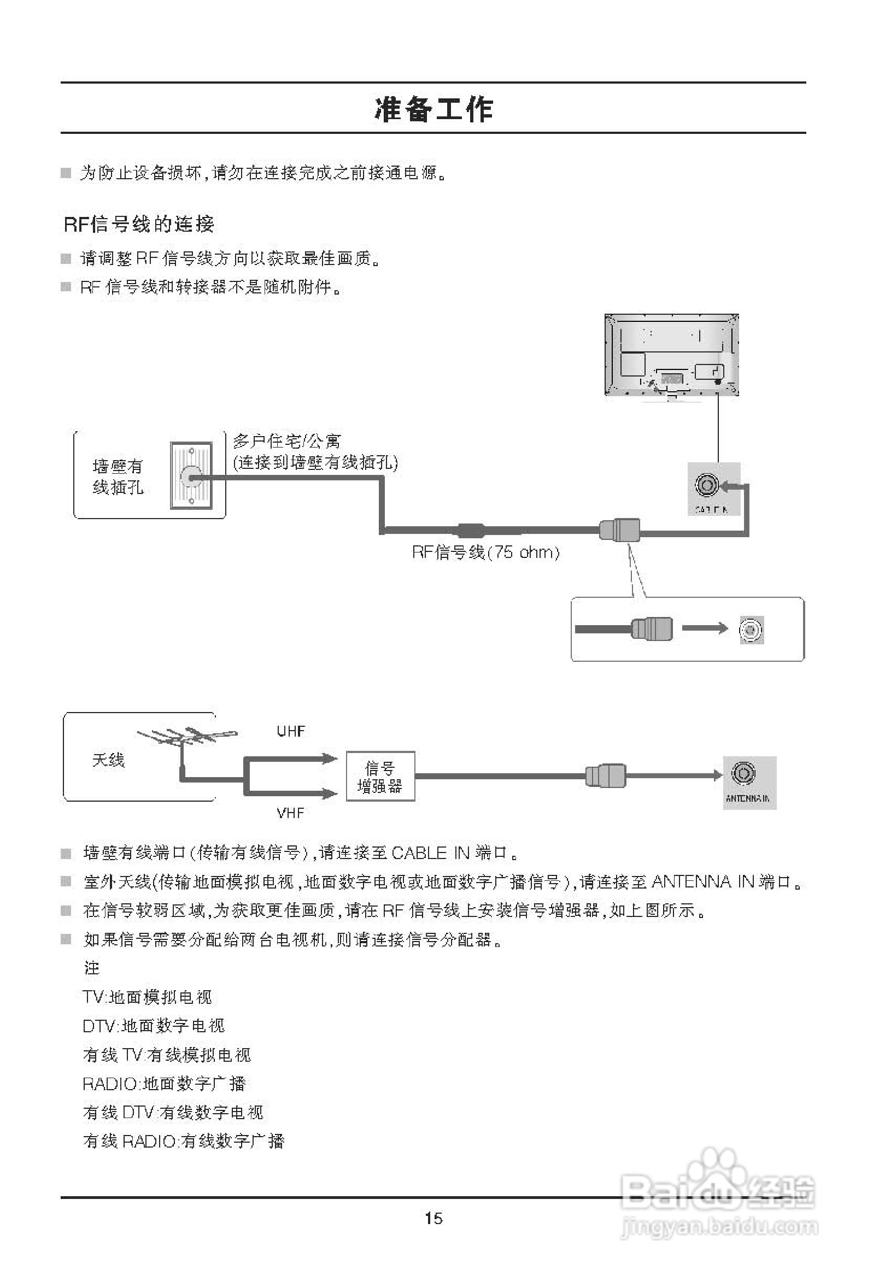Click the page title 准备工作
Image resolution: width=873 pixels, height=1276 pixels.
tap(433, 109)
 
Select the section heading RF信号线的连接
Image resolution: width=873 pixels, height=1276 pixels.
tap(139, 224)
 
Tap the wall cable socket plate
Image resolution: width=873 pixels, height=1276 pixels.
tap(191, 475)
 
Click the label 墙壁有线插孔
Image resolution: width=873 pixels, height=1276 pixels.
tap(118, 477)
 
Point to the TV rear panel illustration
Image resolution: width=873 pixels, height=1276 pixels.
tap(671, 355)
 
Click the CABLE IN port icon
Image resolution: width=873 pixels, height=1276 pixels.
tap(706, 485)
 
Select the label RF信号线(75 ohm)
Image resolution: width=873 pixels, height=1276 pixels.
tap(485, 552)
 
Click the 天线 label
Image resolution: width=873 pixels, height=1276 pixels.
tap(108, 760)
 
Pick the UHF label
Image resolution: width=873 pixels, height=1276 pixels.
tap(291, 731)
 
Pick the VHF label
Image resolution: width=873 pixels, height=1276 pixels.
tap(291, 813)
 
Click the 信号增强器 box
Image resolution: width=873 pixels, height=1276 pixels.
tap(380, 777)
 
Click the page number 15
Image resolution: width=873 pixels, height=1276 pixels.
tap(433, 1219)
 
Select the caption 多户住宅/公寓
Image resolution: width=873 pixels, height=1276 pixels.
tap(287, 441)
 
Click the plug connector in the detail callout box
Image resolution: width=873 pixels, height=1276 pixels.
tap(652, 628)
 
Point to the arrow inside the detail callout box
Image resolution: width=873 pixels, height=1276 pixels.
tap(705, 628)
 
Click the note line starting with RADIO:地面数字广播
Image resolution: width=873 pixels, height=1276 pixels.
tap(165, 1083)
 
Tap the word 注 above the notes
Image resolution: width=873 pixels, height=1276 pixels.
tap(92, 967)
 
